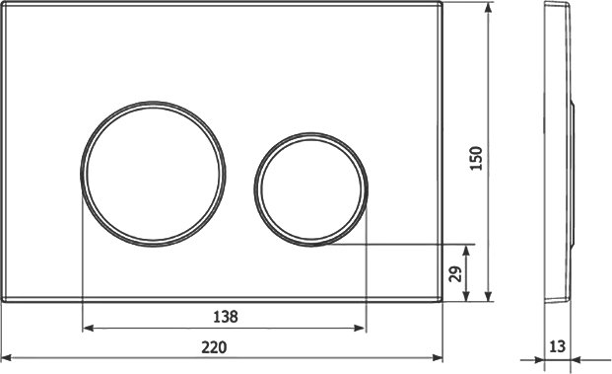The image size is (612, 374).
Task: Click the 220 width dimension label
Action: point(214,347)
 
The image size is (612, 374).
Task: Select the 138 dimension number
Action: point(226,317)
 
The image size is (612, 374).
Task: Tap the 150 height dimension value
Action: point(477,158)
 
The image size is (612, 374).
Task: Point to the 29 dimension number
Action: point(455,273)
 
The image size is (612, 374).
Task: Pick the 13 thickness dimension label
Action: point(557,346)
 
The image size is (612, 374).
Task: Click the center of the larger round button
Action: point(153,175)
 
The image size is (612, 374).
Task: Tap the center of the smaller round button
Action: point(310,189)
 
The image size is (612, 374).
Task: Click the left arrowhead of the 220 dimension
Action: point(7,357)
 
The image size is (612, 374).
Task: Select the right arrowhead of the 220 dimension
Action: point(438,357)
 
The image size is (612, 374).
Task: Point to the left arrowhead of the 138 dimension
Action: point(88,328)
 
